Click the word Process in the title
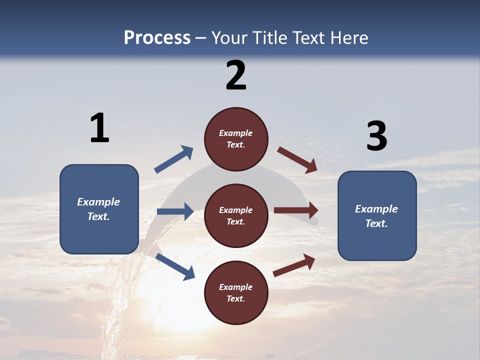click(x=157, y=38)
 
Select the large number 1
click(x=99, y=128)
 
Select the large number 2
click(x=236, y=75)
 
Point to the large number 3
click(x=376, y=136)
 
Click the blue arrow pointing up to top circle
click(x=174, y=159)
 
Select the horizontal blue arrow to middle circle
click(x=175, y=211)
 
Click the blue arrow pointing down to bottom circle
click(x=175, y=266)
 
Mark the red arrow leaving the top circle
click(x=297, y=159)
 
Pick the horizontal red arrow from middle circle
click(x=296, y=210)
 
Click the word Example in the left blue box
click(x=98, y=202)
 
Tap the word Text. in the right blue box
click(x=376, y=223)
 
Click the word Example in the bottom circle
click(x=236, y=287)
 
